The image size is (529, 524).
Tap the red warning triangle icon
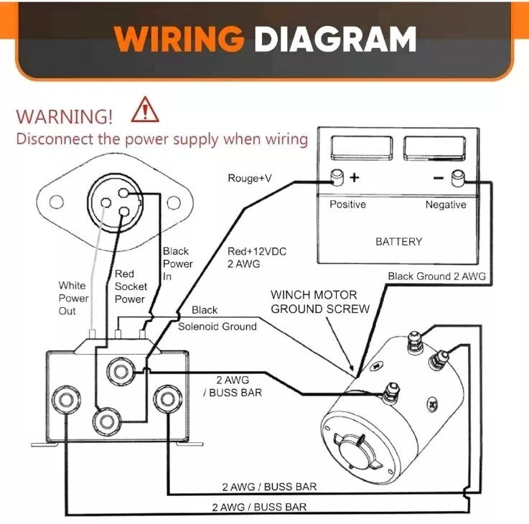tap(146, 111)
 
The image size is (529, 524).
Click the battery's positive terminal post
tap(336, 177)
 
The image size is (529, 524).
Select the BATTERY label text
tap(398, 242)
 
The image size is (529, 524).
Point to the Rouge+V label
tap(249, 178)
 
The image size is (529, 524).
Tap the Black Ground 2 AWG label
tap(436, 276)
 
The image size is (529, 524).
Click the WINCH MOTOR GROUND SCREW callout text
tap(319, 301)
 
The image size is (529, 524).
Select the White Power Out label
tap(73, 298)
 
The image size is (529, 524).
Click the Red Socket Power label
tap(130, 286)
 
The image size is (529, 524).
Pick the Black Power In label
tap(177, 263)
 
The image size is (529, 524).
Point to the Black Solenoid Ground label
tap(216, 318)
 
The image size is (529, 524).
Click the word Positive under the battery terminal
tap(347, 205)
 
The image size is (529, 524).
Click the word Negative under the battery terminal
tap(445, 205)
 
